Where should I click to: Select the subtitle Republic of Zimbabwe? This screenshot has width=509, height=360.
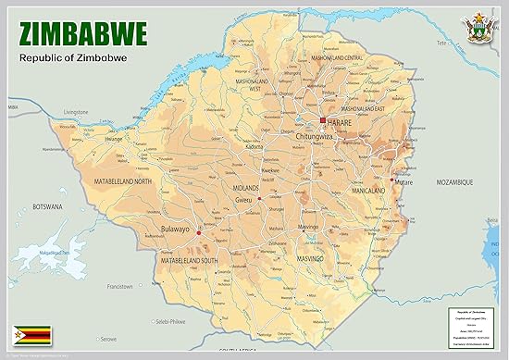(x=73, y=60)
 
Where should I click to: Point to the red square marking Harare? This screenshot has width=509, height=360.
(x=322, y=121)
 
